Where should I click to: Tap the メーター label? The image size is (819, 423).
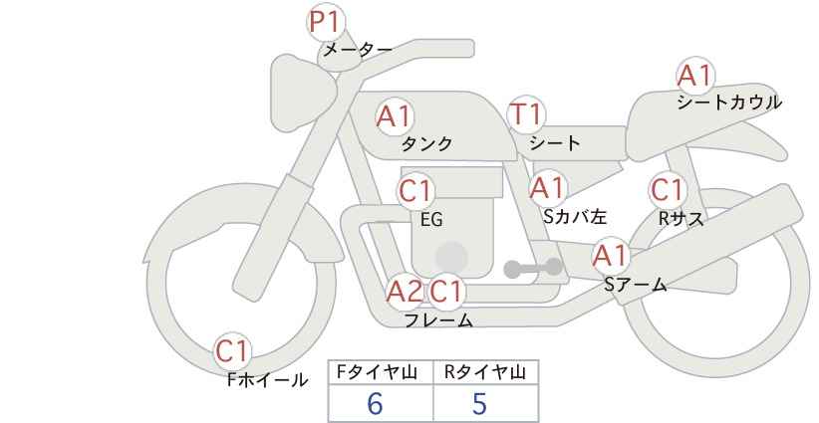point(356,50)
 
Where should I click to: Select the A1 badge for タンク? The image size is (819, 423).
point(394,116)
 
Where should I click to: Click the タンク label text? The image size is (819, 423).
point(426,144)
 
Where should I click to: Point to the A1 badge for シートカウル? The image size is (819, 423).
point(694,76)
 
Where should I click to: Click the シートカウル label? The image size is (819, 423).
point(729,103)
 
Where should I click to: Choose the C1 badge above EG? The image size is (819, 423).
point(416,190)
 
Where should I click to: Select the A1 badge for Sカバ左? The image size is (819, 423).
point(547,187)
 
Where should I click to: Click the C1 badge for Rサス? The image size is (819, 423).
point(667,190)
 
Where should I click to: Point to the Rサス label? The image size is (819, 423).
point(682,219)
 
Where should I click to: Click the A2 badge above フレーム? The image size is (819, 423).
point(405,292)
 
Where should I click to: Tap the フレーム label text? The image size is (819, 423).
point(438,320)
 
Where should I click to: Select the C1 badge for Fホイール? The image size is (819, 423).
point(233,350)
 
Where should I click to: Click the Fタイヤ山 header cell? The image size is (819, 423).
point(380,372)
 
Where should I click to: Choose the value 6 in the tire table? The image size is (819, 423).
point(376,404)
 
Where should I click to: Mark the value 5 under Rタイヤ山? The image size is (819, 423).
point(479,404)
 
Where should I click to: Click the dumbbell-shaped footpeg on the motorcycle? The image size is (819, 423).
point(534,268)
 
